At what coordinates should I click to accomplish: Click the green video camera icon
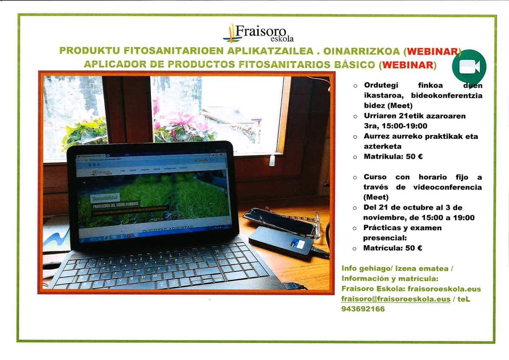tap(469, 67)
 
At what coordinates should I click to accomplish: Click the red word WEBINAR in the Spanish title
tap(408, 65)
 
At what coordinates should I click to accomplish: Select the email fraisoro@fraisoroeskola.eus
tap(396, 299)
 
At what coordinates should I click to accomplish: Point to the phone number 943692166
tap(363, 309)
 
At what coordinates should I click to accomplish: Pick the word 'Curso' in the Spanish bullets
tap(375, 177)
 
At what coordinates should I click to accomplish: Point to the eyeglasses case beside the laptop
tap(280, 221)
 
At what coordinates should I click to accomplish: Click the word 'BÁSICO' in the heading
tap(357, 65)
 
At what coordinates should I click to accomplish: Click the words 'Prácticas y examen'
tap(403, 228)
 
